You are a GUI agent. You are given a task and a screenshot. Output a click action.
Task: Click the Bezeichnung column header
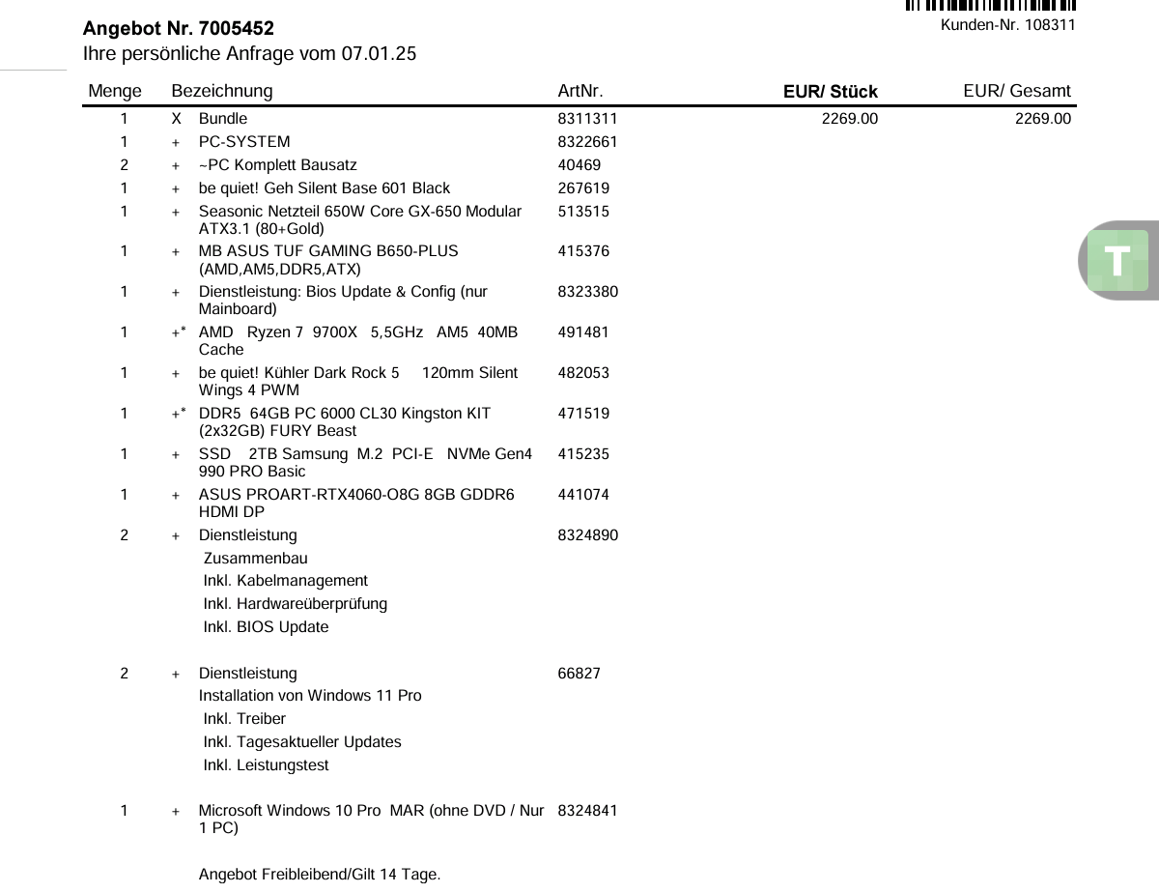[221, 91]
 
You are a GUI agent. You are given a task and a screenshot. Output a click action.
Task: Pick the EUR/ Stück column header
[830, 92]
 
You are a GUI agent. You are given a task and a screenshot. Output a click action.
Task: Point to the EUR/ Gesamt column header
[1016, 91]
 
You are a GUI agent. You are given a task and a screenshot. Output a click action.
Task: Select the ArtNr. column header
[580, 91]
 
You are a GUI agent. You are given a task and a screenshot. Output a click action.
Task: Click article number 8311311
[587, 119]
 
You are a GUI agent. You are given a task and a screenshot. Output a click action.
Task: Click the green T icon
[1117, 261]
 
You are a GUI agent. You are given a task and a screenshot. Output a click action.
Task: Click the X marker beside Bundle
[176, 119]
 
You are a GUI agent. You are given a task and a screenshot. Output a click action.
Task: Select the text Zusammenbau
[256, 559]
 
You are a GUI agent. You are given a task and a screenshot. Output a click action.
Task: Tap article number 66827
[579, 674]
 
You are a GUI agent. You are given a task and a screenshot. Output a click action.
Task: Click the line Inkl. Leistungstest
[266, 765]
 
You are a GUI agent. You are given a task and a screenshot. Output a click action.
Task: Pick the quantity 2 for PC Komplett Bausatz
[124, 165]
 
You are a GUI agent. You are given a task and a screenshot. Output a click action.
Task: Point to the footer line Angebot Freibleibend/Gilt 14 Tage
[319, 876]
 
